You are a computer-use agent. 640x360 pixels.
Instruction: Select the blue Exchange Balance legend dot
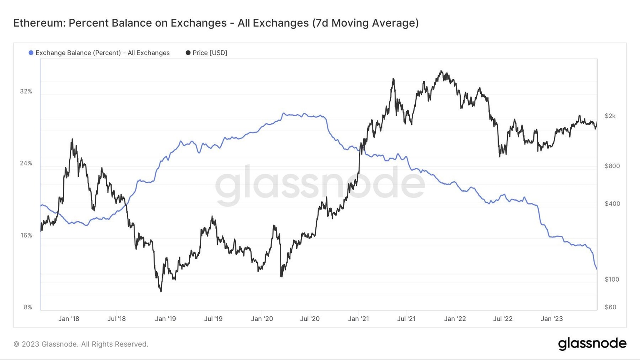(31, 53)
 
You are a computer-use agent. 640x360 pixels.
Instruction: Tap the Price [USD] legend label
(210, 53)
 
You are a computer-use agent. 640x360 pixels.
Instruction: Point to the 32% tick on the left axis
(26, 91)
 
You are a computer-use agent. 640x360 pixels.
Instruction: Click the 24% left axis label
(26, 163)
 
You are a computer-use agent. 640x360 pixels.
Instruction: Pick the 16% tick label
(26, 235)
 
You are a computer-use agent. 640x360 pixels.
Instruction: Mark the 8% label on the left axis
(28, 307)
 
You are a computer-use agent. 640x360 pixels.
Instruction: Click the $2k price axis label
(610, 116)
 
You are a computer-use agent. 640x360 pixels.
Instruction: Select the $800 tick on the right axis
(612, 166)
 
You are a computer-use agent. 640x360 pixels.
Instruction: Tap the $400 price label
(612, 204)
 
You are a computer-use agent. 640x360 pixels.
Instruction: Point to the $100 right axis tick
(612, 279)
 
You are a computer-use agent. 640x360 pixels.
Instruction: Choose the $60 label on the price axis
(610, 307)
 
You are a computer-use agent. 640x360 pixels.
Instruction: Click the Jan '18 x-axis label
(69, 319)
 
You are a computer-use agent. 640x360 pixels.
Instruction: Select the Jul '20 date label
(310, 319)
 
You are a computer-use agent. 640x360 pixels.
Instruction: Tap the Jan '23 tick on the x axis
(552, 319)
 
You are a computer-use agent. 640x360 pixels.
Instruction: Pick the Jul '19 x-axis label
(213, 319)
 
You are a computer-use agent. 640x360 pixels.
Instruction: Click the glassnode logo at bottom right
(592, 344)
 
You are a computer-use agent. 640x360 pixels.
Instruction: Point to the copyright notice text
(81, 344)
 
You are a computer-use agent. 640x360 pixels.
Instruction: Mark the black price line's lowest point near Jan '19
(161, 291)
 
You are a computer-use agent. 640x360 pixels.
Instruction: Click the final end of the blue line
(597, 269)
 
